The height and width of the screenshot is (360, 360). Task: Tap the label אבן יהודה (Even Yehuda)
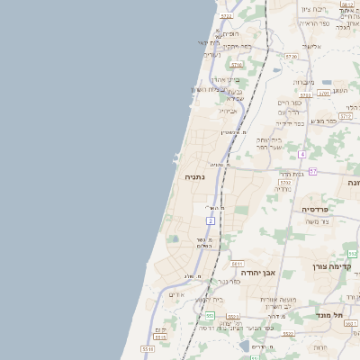[257, 272]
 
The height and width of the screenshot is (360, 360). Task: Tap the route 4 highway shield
[302, 155]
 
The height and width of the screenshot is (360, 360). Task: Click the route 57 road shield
[312, 171]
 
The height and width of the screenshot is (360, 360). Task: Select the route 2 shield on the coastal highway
[211, 220]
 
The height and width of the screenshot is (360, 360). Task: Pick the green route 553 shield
[209, 315]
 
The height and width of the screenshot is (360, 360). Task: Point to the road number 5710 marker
[237, 65]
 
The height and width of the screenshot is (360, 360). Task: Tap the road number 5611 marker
[232, 317]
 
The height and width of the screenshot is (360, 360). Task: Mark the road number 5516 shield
[147, 348]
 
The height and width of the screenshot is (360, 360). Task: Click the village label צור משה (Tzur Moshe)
[318, 221]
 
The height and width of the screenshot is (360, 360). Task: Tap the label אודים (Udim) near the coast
[176, 294]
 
